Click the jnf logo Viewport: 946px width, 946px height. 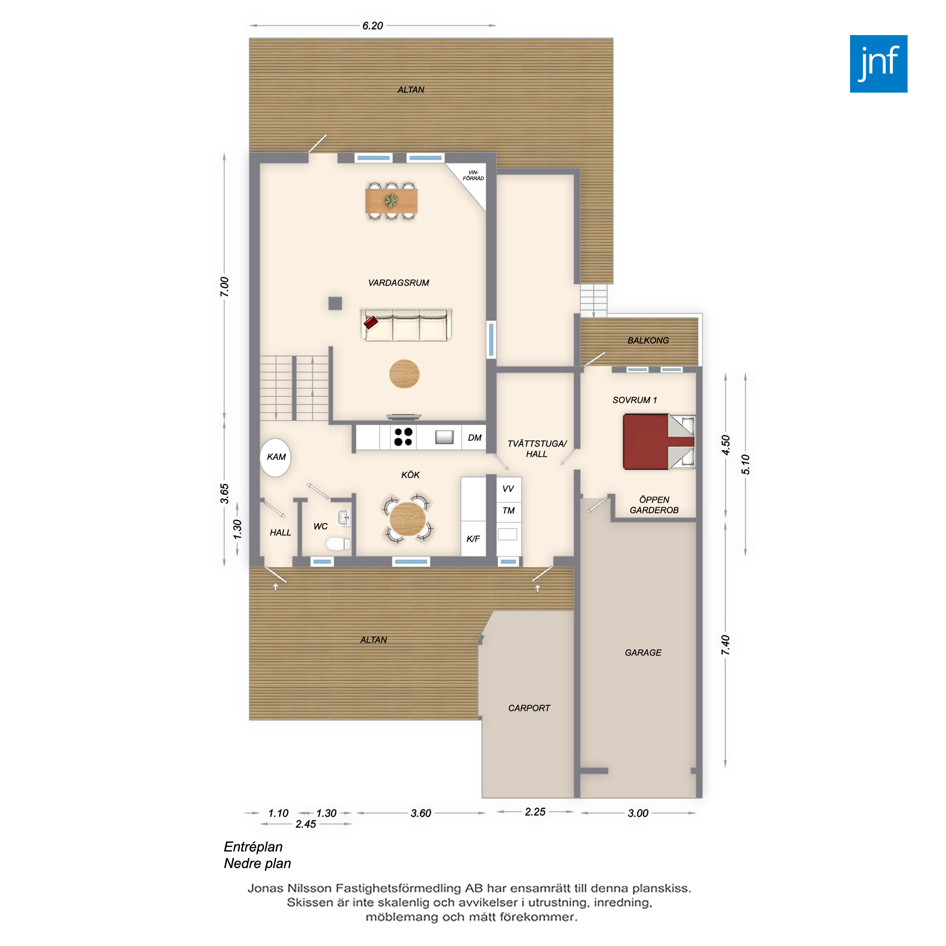pyautogui.click(x=878, y=64)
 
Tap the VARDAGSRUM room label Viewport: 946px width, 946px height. pyautogui.click(x=399, y=282)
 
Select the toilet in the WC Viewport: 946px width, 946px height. pyautogui.click(x=339, y=543)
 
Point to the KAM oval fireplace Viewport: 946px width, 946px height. pyautogui.click(x=275, y=457)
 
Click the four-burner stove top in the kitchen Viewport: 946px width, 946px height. pyautogui.click(x=403, y=437)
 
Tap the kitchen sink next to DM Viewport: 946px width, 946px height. pyautogui.click(x=445, y=437)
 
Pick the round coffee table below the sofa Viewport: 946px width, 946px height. pyautogui.click(x=404, y=374)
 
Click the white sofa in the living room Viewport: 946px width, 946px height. pyautogui.click(x=406, y=324)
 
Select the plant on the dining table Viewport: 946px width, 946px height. pyautogui.click(x=391, y=201)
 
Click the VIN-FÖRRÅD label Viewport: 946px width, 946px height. pyautogui.click(x=473, y=175)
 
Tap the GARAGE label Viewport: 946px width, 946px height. pyautogui.click(x=643, y=653)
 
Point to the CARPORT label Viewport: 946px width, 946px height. pyautogui.click(x=529, y=708)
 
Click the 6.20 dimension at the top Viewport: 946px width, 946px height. pyautogui.click(x=373, y=26)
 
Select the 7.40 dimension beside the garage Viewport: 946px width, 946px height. pyautogui.click(x=726, y=645)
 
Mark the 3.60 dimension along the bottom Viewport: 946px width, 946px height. pyautogui.click(x=420, y=813)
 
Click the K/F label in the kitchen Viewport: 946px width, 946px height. pyautogui.click(x=473, y=539)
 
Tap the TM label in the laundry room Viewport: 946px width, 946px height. pyautogui.click(x=508, y=511)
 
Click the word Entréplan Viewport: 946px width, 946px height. pyautogui.click(x=253, y=847)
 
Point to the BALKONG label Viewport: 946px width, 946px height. pyautogui.click(x=648, y=340)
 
